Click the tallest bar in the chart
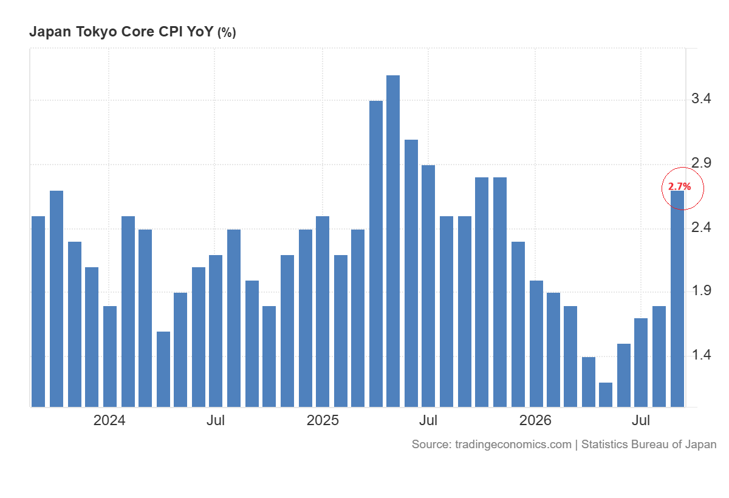(x=393, y=241)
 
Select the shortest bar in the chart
(x=605, y=395)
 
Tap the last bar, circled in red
(x=677, y=299)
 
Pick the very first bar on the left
(x=38, y=312)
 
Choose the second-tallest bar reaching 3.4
(x=376, y=254)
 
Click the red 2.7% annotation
(x=679, y=186)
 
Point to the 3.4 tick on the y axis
(x=701, y=98)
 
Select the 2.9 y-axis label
(x=701, y=163)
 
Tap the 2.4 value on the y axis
(x=701, y=227)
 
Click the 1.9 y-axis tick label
(x=701, y=290)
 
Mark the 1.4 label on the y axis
(x=701, y=355)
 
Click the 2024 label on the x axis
(x=109, y=420)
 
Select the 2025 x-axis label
(x=323, y=420)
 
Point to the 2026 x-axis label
(x=535, y=420)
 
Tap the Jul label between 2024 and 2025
(x=216, y=420)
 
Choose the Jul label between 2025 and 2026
(x=428, y=420)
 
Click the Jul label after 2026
(x=641, y=420)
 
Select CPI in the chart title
(x=171, y=32)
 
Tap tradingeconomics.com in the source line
(x=513, y=445)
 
